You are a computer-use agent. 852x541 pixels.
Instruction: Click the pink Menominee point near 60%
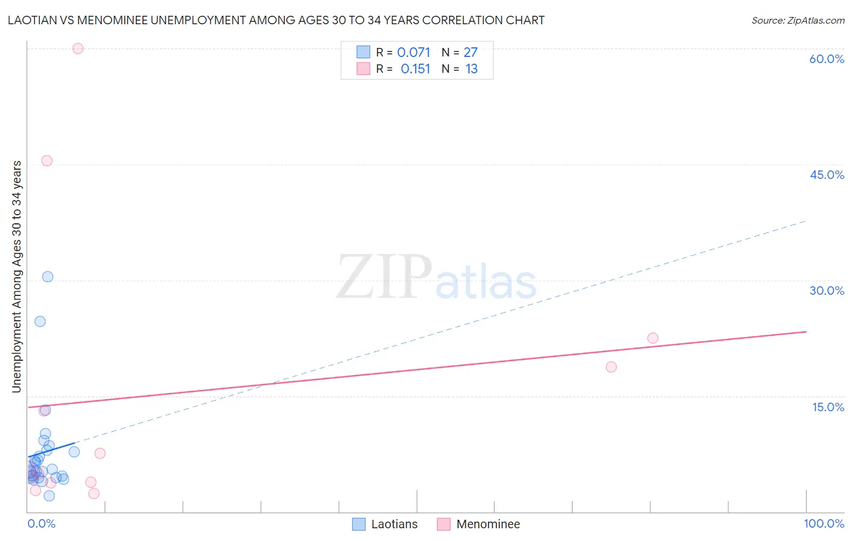coord(78,49)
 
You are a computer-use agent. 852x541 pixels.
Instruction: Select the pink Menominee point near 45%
coord(47,161)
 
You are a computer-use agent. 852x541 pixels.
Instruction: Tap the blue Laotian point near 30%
coord(47,277)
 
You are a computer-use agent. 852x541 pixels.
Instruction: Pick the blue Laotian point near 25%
coord(40,321)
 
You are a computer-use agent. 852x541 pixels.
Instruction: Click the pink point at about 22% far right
coord(653,338)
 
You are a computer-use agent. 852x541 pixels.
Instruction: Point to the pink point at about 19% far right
coord(611,367)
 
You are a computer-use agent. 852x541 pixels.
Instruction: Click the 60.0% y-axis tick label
coord(827,59)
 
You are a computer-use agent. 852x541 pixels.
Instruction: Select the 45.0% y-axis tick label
coord(827,175)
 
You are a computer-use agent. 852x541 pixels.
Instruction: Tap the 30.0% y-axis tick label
coord(827,291)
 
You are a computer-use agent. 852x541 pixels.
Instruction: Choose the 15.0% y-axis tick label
coord(828,407)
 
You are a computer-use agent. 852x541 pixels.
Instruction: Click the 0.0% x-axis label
coord(41,523)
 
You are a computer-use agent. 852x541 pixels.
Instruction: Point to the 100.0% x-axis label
coord(824,523)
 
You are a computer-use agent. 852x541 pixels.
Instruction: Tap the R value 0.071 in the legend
coord(413,53)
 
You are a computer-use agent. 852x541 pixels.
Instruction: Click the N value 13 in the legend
coord(471,69)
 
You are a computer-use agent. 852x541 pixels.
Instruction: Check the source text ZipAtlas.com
coord(797,21)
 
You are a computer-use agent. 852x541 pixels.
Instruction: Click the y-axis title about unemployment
coord(17,277)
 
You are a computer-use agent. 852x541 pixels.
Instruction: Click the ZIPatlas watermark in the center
coord(436,278)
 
